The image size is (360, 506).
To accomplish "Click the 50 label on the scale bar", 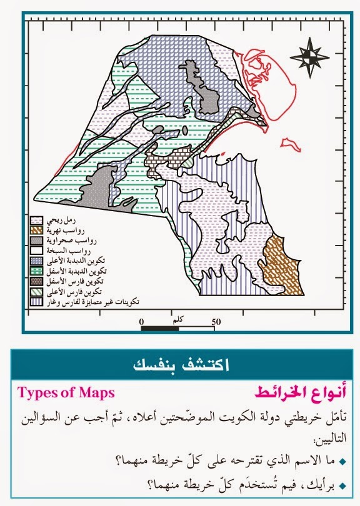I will click(x=217, y=322).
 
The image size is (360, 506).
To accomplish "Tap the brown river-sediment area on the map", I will click(x=281, y=262).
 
